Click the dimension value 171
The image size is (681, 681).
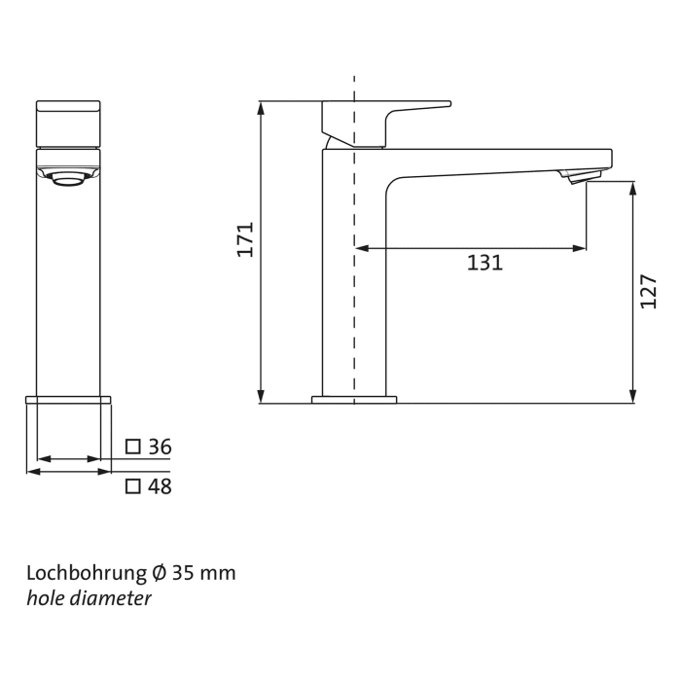(x=245, y=239)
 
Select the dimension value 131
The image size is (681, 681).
(x=484, y=263)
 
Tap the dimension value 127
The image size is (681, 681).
(x=649, y=291)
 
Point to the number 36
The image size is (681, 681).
(x=160, y=447)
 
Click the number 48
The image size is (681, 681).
(x=160, y=486)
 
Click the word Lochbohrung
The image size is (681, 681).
(x=81, y=572)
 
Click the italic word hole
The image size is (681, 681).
(x=43, y=598)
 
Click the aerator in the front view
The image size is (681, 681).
(x=68, y=177)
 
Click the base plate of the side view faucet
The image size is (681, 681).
(x=354, y=399)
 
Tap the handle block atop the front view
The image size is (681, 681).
(x=68, y=124)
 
